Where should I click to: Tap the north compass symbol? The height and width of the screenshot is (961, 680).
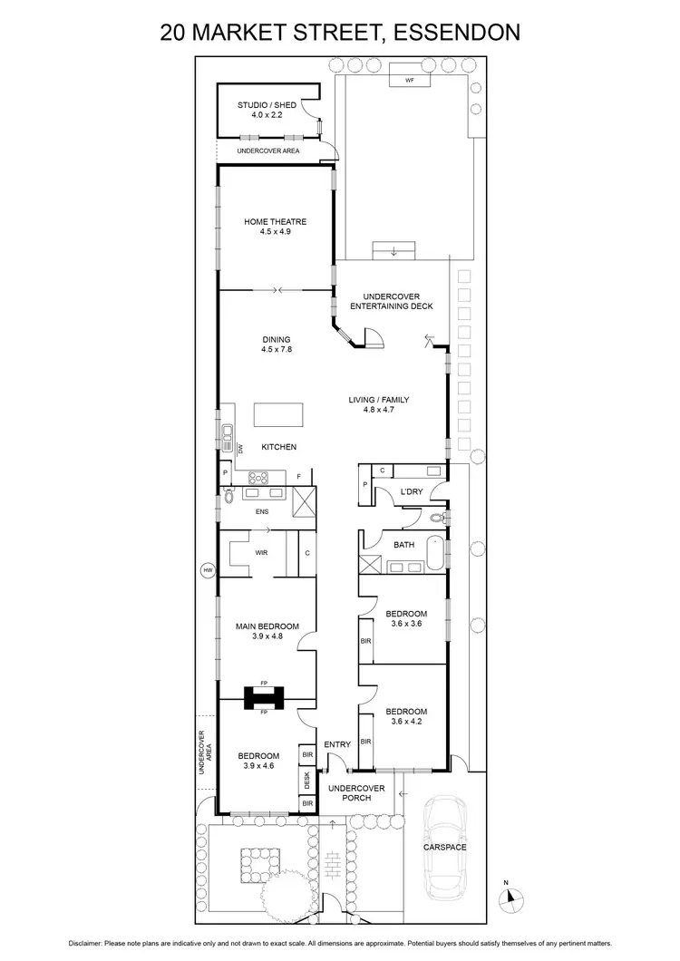[513, 896]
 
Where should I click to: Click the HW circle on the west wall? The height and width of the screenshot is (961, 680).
[207, 570]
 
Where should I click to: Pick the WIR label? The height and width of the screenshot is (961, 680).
[261, 551]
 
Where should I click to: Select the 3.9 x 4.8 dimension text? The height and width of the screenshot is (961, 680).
[267, 636]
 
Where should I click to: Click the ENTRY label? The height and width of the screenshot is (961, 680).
[337, 744]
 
